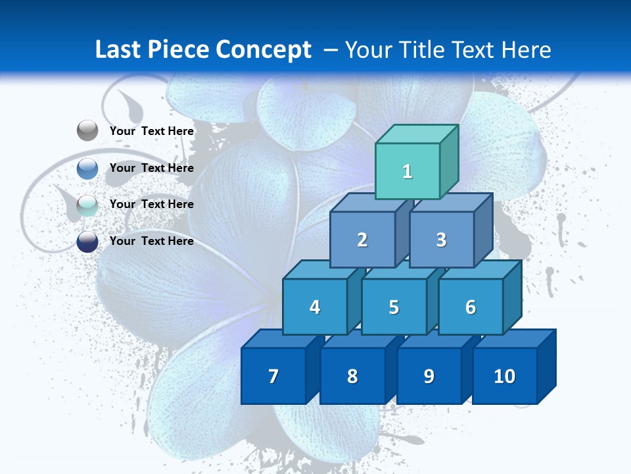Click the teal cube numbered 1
408,171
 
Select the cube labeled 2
362,240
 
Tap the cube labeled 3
441,240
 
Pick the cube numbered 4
315,307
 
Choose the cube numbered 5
394,307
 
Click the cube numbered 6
471,307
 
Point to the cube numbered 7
273,376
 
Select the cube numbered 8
352,376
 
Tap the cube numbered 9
429,376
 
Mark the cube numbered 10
505,376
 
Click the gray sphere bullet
87,131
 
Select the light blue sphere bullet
87,168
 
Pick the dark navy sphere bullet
87,241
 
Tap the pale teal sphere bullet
87,205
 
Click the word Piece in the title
179,50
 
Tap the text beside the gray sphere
152,131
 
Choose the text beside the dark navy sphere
152,241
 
